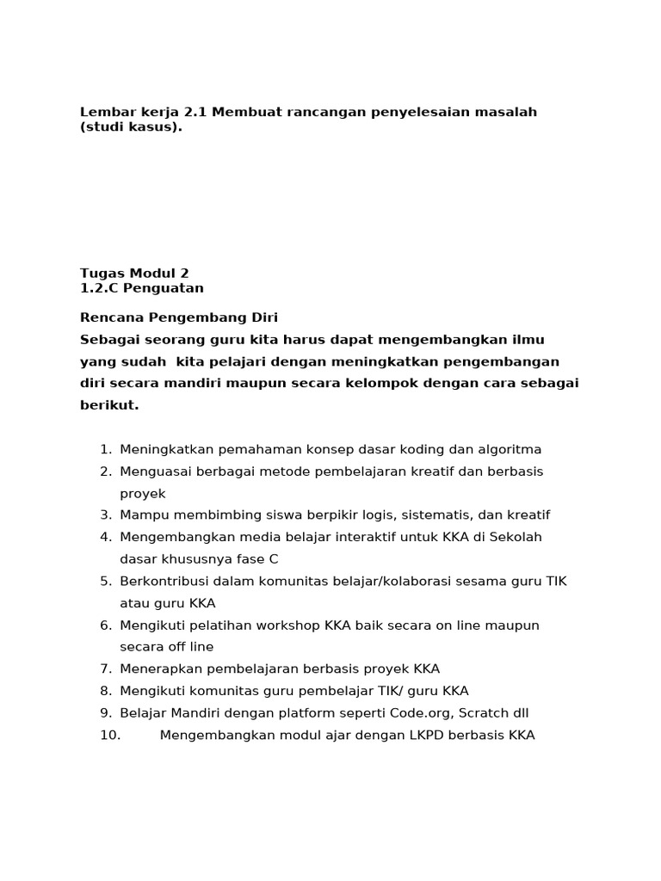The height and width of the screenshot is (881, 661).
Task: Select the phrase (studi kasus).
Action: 131,127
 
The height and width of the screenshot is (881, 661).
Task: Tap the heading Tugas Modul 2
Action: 134,273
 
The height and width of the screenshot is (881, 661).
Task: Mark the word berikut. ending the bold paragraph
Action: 109,404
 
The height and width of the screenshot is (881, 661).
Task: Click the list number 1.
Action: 105,449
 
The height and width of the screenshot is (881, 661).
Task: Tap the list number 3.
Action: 105,514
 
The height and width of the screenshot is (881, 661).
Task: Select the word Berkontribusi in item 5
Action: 163,581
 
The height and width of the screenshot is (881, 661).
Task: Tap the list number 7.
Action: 105,668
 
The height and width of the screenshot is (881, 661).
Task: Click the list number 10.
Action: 109,735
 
